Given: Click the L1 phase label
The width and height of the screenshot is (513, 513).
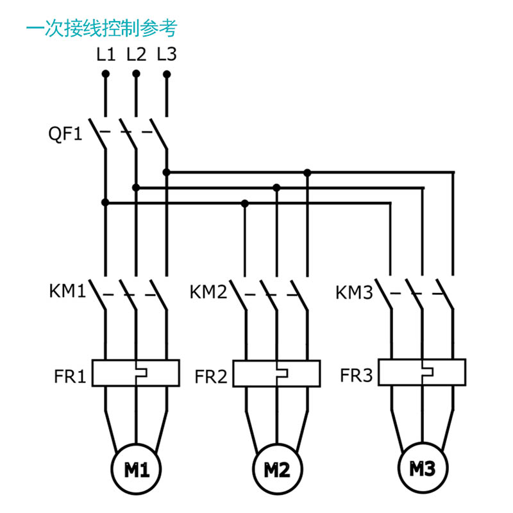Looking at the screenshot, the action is [106, 55].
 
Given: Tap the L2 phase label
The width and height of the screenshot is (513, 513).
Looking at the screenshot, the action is [137, 55].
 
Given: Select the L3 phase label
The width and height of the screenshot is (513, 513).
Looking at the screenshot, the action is [167, 55].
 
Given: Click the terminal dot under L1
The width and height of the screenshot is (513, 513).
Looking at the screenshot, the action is [106, 74].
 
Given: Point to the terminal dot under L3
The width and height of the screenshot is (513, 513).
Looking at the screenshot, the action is [167, 74].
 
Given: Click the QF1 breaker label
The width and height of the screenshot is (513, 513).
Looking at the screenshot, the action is [65, 134].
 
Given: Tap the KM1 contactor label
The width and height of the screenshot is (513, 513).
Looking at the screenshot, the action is [67, 290].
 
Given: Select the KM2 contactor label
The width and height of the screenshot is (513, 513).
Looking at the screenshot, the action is [208, 292].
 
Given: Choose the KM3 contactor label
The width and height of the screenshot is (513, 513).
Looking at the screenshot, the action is [355, 292].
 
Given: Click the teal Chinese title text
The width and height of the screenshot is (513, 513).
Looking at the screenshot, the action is [102, 28].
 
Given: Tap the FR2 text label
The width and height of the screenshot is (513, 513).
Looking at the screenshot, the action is [211, 376].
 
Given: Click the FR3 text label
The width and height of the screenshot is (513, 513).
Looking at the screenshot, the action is [357, 375].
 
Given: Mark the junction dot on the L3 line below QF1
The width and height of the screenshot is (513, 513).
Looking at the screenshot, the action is [167, 172].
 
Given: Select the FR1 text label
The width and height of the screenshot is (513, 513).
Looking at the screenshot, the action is [70, 376].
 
